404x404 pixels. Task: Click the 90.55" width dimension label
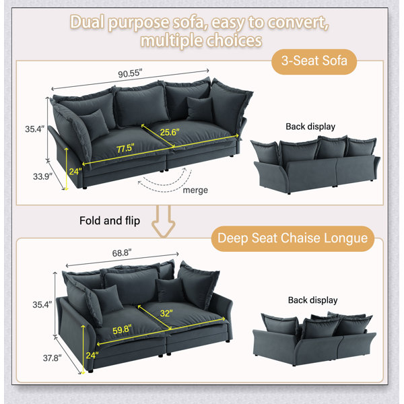[130, 73]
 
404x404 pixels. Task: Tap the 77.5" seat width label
[125, 148]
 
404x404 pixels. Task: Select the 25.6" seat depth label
[170, 132]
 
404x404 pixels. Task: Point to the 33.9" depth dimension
[42, 176]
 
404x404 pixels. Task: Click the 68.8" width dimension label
[122, 253]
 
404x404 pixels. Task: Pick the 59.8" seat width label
[122, 329]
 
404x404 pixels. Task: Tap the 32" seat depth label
[166, 313]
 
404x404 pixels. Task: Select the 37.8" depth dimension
[53, 358]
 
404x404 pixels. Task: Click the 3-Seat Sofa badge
[314, 61]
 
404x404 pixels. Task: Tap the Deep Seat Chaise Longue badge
[292, 238]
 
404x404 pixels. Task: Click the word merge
[195, 191]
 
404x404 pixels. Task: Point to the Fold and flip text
[110, 221]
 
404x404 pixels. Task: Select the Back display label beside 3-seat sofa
[310, 127]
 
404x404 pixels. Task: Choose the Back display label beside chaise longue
[313, 300]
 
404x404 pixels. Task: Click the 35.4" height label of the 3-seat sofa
[35, 129]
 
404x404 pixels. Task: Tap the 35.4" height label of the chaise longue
[42, 304]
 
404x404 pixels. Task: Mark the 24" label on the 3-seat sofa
[75, 171]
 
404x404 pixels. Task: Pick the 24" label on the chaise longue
[92, 356]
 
